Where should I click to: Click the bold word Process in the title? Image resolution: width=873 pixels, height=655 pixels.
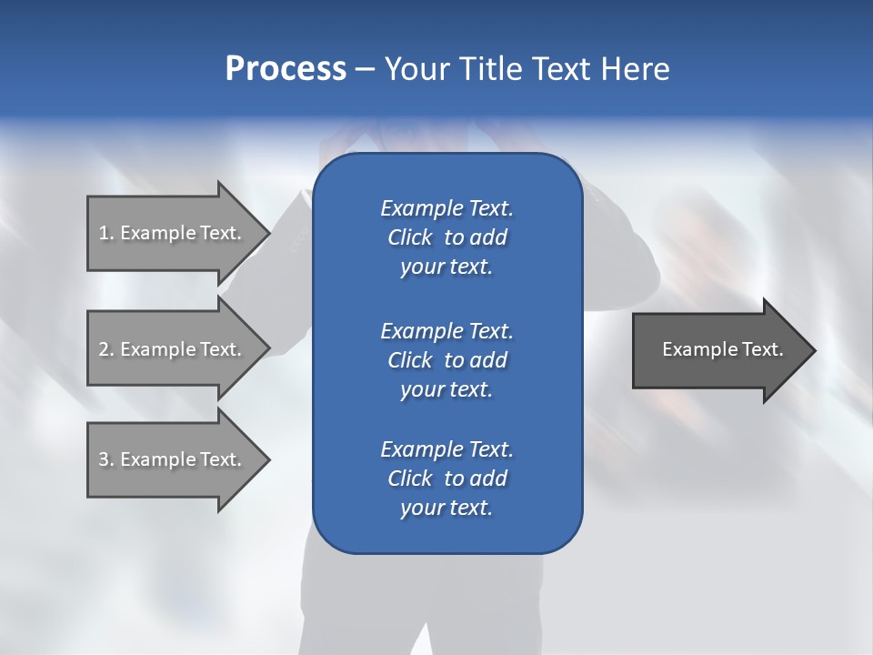click(286, 69)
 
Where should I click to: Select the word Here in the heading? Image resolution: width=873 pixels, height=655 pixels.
click(637, 69)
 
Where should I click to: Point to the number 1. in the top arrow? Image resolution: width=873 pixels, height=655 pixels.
click(106, 233)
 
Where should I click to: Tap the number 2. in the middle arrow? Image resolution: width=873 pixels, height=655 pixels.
click(106, 349)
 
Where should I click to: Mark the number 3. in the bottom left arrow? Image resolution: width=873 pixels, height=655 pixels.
click(106, 459)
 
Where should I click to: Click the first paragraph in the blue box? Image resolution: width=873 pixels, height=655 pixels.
click(447, 237)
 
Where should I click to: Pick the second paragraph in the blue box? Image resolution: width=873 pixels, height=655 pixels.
click(447, 360)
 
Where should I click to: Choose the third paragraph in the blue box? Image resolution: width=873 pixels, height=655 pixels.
click(447, 479)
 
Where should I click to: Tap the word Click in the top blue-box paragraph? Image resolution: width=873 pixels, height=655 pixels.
click(410, 237)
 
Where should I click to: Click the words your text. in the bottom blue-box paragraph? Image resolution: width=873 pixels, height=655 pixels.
click(447, 508)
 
